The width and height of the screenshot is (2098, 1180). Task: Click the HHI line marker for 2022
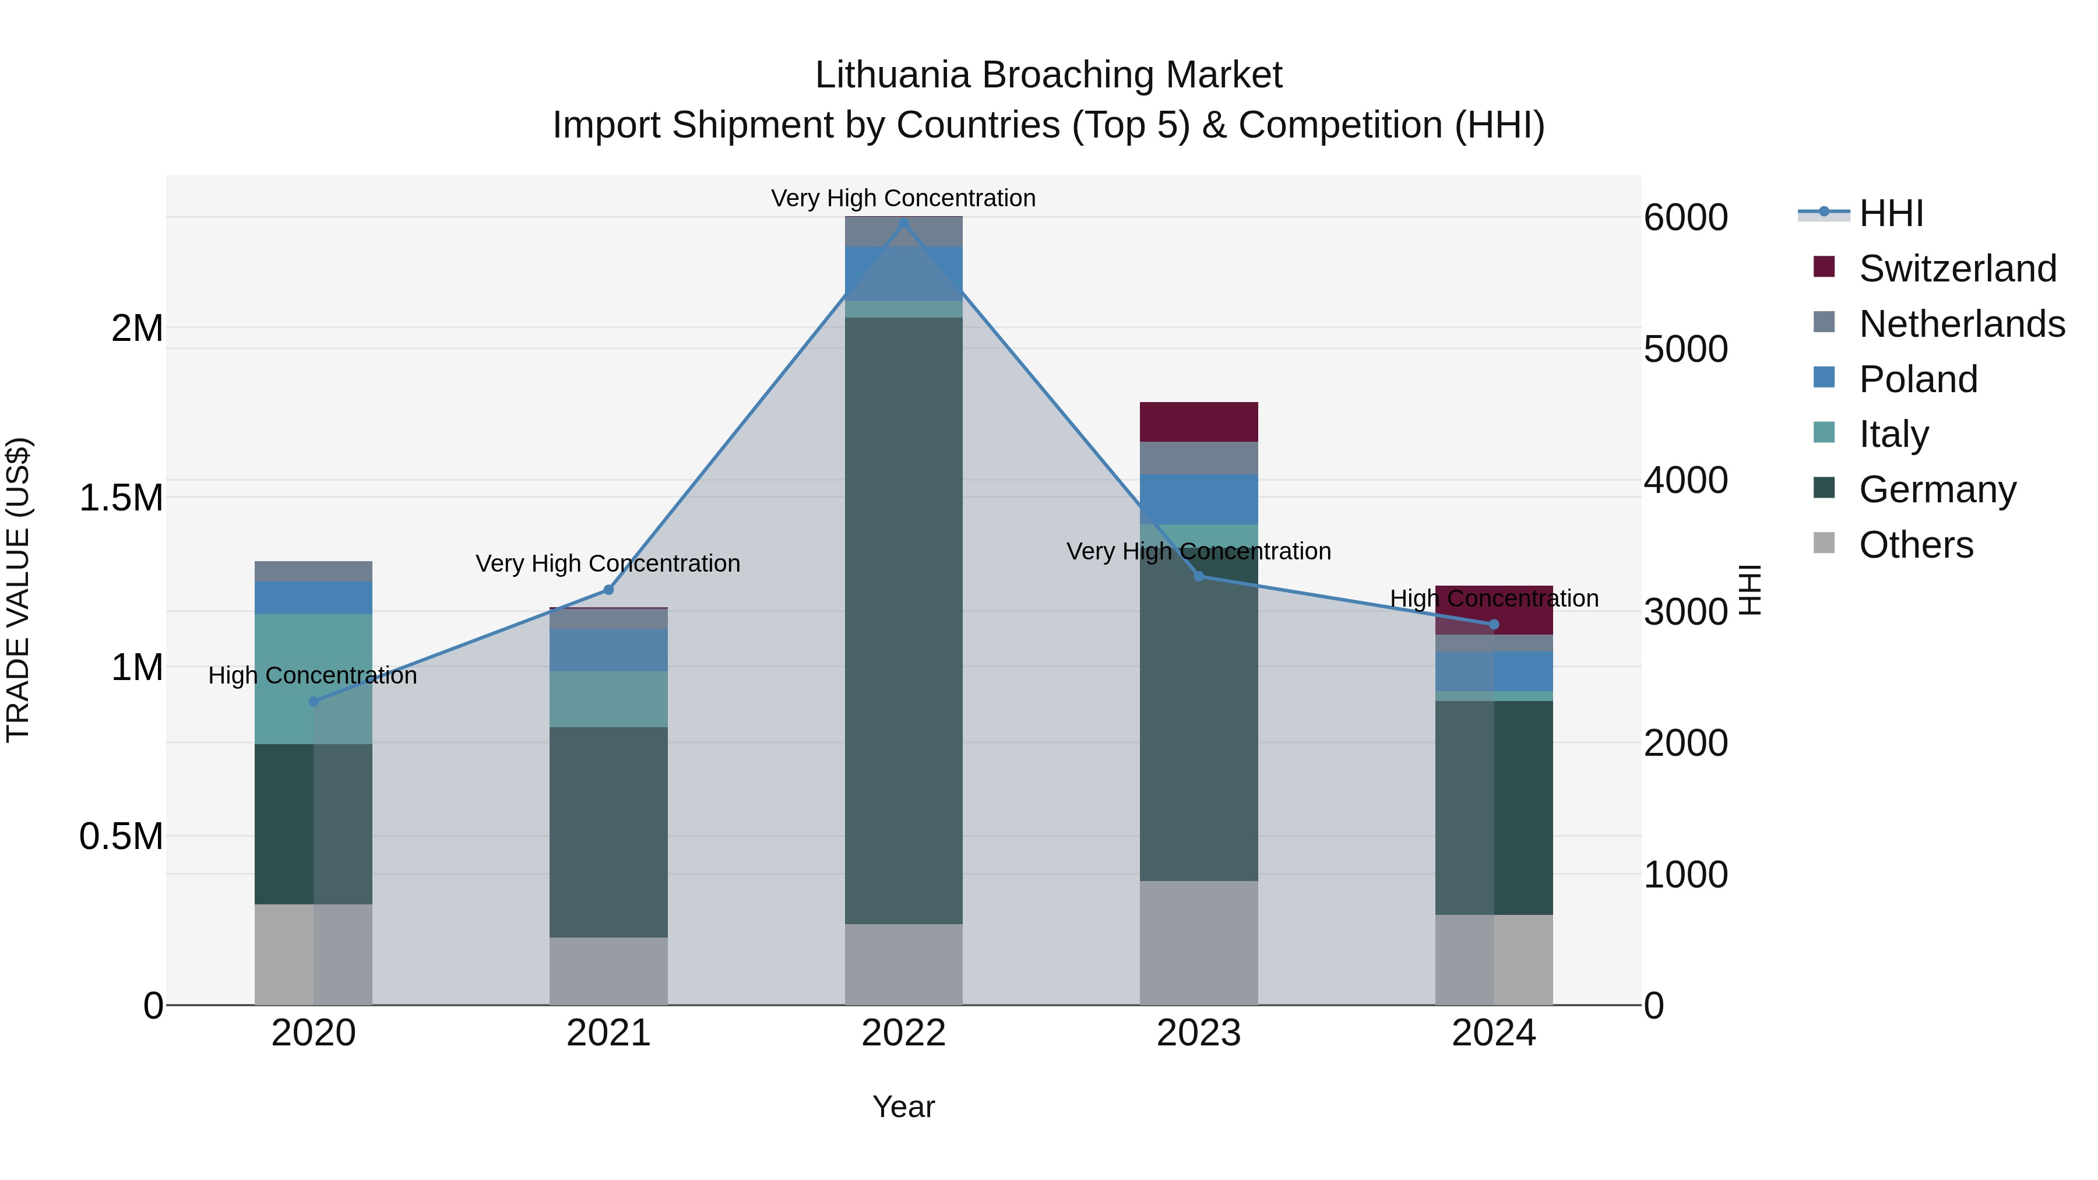[903, 223]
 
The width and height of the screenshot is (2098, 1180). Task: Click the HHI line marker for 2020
[314, 701]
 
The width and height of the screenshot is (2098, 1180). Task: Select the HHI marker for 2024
[1494, 625]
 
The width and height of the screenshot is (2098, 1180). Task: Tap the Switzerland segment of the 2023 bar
[1198, 422]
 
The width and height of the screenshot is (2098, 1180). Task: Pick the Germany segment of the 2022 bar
[903, 619]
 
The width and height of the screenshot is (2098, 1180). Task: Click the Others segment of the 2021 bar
[608, 971]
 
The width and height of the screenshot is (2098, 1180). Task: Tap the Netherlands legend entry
[1961, 324]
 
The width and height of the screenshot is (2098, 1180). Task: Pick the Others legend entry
[1916, 545]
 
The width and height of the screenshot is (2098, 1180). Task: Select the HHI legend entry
[1891, 213]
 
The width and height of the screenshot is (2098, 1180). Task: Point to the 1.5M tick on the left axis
[121, 498]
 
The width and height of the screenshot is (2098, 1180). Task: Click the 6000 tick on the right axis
[1685, 217]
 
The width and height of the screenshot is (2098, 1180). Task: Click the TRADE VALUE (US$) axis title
[19, 590]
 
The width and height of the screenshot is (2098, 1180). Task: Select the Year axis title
[903, 1107]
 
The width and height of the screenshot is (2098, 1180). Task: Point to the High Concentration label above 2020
[313, 675]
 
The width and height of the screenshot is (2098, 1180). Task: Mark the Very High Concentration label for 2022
[903, 198]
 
